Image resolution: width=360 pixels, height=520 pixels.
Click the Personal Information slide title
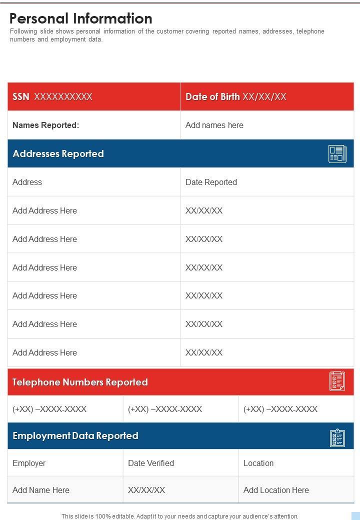click(x=81, y=18)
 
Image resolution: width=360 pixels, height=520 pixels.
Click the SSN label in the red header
click(x=21, y=96)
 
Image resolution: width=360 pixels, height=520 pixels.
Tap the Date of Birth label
click(x=212, y=96)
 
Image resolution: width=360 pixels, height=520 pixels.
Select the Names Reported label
click(x=46, y=125)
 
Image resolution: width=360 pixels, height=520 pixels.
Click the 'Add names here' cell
click(x=214, y=125)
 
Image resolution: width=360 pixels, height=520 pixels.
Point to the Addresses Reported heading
click(x=58, y=153)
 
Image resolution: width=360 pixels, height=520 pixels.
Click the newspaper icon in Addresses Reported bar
click(x=337, y=153)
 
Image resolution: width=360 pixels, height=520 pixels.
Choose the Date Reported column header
click(x=211, y=182)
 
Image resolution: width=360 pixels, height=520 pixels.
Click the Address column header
click(x=27, y=182)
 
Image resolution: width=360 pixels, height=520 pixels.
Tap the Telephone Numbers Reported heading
click(x=80, y=382)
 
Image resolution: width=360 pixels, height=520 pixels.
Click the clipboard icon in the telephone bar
click(x=337, y=381)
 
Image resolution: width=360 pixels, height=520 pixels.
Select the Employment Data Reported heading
click(x=75, y=435)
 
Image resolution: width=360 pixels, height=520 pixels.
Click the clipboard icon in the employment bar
click(x=337, y=437)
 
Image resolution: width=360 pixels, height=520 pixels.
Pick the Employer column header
click(x=29, y=463)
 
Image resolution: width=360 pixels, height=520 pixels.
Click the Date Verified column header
click(x=151, y=463)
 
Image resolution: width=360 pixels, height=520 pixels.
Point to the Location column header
click(x=258, y=463)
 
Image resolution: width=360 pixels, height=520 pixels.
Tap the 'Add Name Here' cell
click(x=41, y=490)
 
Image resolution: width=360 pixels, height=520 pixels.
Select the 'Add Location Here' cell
click(x=276, y=490)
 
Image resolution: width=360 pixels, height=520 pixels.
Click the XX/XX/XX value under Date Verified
click(x=146, y=490)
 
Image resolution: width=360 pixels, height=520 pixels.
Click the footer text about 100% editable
click(x=180, y=516)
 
